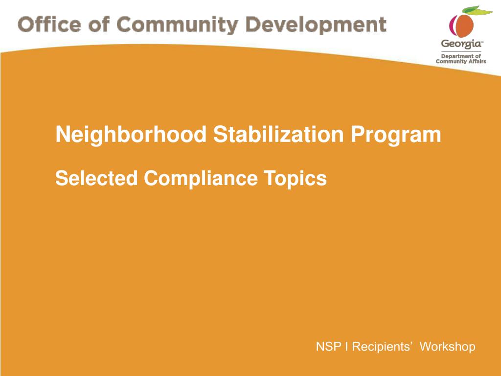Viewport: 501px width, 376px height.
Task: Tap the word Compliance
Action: pos(200,178)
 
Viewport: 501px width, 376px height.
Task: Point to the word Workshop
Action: pos(448,347)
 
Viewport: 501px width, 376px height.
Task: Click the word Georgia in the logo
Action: pos(461,44)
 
